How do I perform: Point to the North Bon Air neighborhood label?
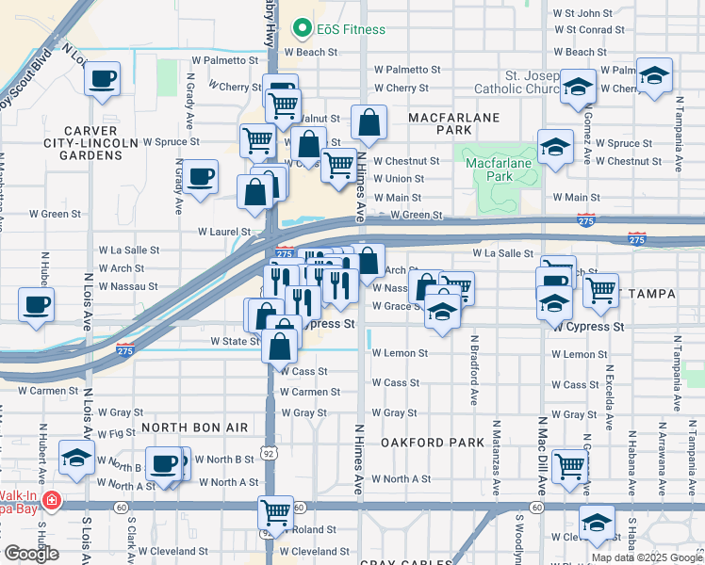pos(194,428)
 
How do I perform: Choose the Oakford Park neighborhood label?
pos(418,442)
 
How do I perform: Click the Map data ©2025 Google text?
pos(647,557)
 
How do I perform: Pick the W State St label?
pos(234,341)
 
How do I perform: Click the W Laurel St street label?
pos(223,231)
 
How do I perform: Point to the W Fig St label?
pos(117,433)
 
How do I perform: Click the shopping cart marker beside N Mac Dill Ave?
pos(569,465)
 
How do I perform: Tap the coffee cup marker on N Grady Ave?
pos(200,176)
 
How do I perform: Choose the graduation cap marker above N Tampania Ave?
pos(653,75)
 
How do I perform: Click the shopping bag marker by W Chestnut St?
pos(369,122)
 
